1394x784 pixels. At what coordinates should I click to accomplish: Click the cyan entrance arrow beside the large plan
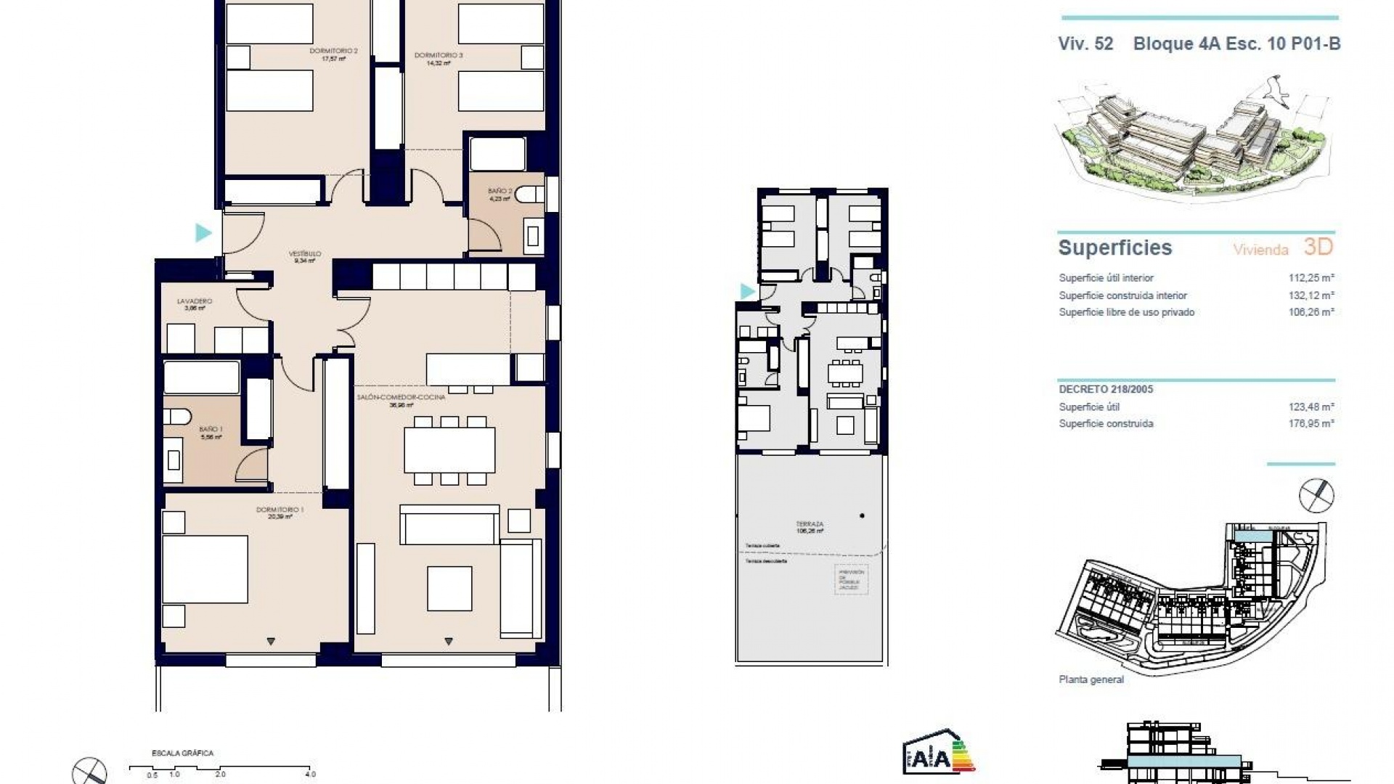coord(203,233)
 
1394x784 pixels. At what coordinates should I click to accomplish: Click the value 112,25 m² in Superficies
coord(1307,278)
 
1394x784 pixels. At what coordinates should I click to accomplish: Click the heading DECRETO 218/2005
coord(1105,389)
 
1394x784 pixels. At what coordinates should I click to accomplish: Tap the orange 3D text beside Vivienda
coord(1318,247)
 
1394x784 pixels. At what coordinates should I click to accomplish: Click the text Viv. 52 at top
coord(1085,44)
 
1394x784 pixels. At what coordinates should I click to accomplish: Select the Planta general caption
coord(1091,679)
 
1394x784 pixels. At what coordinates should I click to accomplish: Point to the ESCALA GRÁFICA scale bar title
coord(182,754)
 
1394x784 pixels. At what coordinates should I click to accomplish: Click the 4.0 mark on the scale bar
coord(310,775)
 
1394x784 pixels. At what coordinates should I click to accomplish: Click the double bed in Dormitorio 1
coord(205,569)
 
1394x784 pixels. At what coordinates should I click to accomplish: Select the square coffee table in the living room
coord(449,588)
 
